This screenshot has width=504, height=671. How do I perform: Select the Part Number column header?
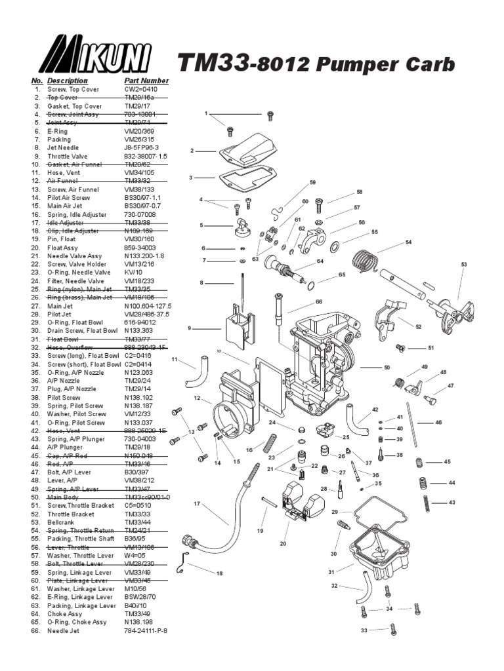point(146,81)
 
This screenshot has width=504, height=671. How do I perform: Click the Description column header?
point(67,81)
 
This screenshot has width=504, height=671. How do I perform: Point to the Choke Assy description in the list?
point(66,614)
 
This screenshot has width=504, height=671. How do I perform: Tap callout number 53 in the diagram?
point(464,265)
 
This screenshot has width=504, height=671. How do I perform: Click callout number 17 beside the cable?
point(196,504)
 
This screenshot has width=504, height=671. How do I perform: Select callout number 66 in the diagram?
point(319,302)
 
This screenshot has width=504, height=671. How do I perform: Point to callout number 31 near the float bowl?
point(332,572)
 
